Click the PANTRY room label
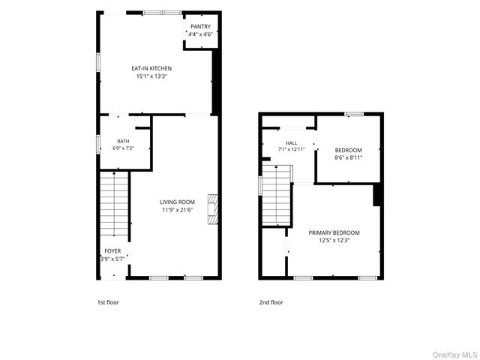[200, 27]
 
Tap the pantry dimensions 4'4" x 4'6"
[200, 34]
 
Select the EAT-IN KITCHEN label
[151, 68]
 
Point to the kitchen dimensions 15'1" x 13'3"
[151, 76]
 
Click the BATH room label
[123, 141]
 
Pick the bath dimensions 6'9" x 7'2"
[123, 148]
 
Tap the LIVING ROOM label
[177, 202]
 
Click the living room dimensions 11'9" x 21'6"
[177, 210]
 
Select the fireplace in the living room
[213, 209]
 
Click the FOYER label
[112, 251]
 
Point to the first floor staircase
[114, 203]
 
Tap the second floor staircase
[277, 195]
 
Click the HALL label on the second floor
[292, 143]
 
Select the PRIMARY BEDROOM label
[334, 233]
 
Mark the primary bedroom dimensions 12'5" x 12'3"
[334, 241]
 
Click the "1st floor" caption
[108, 302]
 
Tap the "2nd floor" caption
[271, 302]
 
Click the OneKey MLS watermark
[454, 355]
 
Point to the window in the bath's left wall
[98, 144]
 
